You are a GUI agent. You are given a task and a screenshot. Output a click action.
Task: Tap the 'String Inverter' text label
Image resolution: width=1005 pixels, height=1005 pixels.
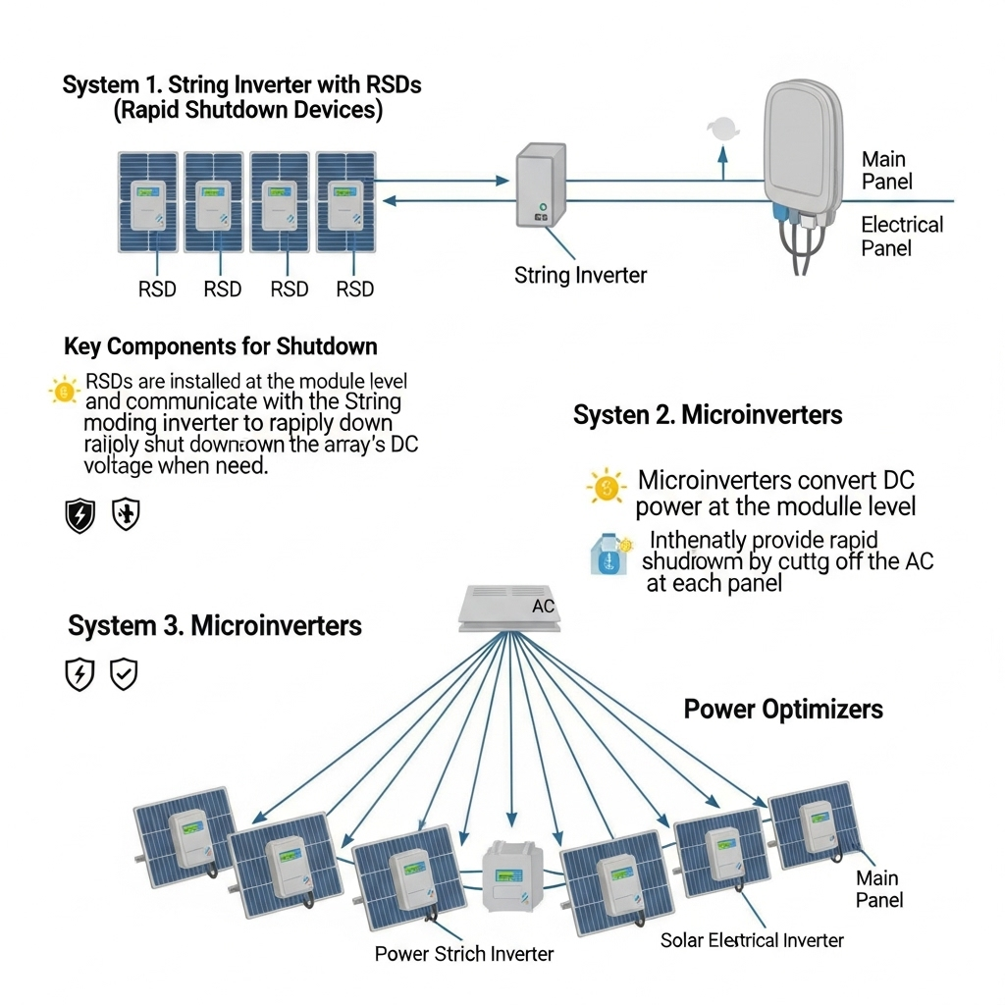(x=580, y=275)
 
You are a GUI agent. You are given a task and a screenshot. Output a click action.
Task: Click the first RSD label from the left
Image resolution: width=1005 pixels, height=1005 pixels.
(x=156, y=289)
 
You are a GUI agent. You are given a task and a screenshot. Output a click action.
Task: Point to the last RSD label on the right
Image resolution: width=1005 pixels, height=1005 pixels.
(x=354, y=289)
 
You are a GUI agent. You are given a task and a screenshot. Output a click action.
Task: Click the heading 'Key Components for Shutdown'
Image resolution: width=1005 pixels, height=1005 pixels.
(x=220, y=346)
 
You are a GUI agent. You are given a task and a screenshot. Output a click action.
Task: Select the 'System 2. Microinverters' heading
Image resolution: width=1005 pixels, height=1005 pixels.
(x=707, y=415)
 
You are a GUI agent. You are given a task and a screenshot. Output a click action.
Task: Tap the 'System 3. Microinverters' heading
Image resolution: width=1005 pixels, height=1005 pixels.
(x=215, y=625)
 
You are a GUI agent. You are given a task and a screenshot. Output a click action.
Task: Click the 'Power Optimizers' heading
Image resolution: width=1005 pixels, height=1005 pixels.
(x=783, y=709)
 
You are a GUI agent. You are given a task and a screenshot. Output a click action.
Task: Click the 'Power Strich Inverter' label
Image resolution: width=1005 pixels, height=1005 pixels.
(x=464, y=953)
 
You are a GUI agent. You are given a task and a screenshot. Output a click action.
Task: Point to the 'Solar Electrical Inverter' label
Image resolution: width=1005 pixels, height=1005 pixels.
(x=752, y=940)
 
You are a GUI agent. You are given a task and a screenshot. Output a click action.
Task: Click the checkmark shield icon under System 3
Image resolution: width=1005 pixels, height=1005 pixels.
(x=124, y=674)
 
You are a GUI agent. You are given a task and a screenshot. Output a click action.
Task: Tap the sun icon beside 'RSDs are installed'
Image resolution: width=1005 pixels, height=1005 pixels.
(x=64, y=392)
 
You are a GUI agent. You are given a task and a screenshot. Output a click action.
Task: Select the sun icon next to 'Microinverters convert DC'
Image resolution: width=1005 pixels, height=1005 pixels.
(x=607, y=486)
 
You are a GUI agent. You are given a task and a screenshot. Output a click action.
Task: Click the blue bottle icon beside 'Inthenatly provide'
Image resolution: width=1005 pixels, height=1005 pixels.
(x=607, y=555)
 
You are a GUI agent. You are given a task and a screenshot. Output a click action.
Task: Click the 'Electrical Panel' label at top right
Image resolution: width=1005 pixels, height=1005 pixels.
(x=901, y=236)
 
